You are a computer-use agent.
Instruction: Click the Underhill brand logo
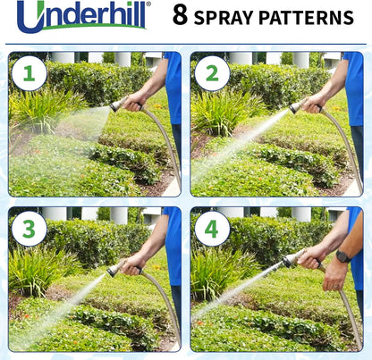coord(82,17)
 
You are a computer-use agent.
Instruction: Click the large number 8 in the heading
coord(180,17)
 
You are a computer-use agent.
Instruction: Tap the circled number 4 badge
coord(212,230)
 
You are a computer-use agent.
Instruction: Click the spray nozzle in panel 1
coord(117,105)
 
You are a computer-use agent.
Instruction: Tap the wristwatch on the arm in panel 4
coord(342,256)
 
